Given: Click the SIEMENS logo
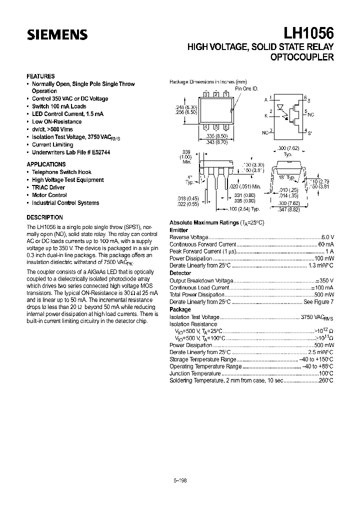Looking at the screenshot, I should (57, 34).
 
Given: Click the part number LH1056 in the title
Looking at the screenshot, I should (309, 33).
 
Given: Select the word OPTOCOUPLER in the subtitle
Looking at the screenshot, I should (301, 57).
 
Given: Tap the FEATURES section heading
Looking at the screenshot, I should (40, 76).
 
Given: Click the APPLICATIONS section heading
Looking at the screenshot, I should (46, 164).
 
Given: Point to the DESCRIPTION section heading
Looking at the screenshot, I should (44, 217).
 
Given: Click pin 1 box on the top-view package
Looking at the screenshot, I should (226, 94).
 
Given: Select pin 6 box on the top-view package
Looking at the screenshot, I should (226, 127).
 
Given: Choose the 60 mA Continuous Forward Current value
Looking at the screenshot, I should (326, 244).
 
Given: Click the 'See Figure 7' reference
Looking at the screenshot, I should (318, 302).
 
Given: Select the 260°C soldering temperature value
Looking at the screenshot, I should (326, 380).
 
